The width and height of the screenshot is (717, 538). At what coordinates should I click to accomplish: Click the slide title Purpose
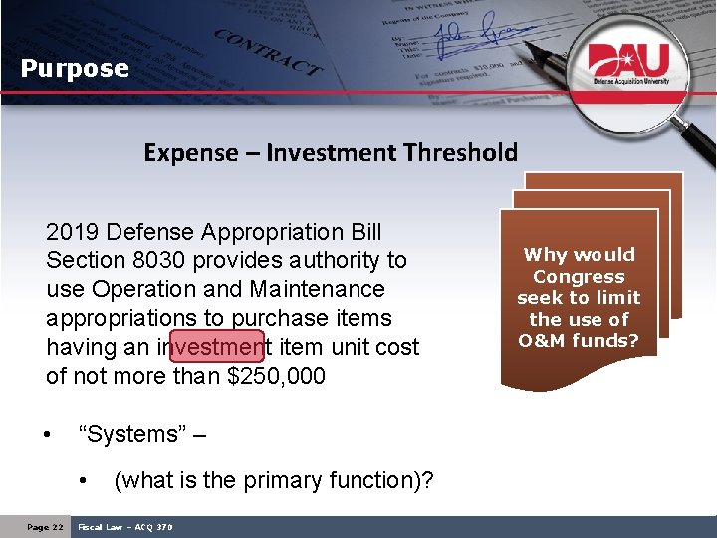[x=76, y=69]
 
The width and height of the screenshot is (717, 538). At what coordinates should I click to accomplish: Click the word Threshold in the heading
[x=461, y=153]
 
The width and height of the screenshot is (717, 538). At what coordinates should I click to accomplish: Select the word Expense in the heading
[x=191, y=153]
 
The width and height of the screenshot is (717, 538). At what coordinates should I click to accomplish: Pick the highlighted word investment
[x=216, y=348]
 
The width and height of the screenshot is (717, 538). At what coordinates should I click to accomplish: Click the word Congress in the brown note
[x=579, y=277]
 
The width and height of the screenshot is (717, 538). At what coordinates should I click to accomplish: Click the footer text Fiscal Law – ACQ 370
[x=125, y=527]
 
